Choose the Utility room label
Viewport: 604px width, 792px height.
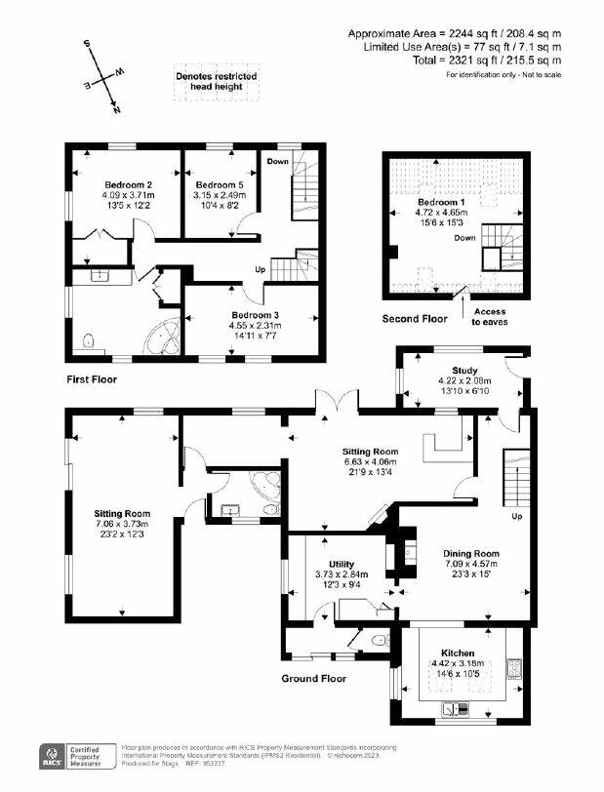tap(342, 564)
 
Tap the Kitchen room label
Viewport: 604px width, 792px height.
tap(458, 653)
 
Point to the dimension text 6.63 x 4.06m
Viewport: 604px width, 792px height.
tap(370, 463)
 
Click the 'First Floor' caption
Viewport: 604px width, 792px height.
tap(93, 377)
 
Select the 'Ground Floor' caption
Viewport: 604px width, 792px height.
tap(314, 679)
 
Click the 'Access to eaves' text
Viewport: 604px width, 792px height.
tap(491, 316)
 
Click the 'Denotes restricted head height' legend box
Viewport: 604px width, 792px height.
tap(209, 82)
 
